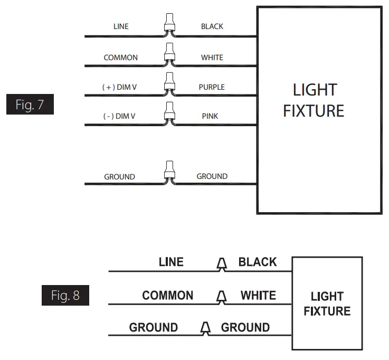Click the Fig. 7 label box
pos(30,105)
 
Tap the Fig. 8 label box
pos(65,295)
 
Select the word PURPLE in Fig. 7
pos(212,87)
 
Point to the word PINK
pos(210,116)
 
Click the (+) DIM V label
pos(119,87)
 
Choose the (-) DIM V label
pos(119,116)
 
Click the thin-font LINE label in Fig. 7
pos(121,26)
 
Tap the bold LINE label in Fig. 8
pos(171,262)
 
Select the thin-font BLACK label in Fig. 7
pos(212,26)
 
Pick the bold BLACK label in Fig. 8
pos(258,262)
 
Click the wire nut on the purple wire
pos(170,83)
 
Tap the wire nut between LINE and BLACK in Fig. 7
pos(170,24)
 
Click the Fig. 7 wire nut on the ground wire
pos(170,172)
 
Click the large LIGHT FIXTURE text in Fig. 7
pos(314,100)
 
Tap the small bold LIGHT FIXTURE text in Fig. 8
pos(327,304)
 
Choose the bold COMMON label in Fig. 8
pos(168,296)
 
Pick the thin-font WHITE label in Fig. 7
pos(212,58)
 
